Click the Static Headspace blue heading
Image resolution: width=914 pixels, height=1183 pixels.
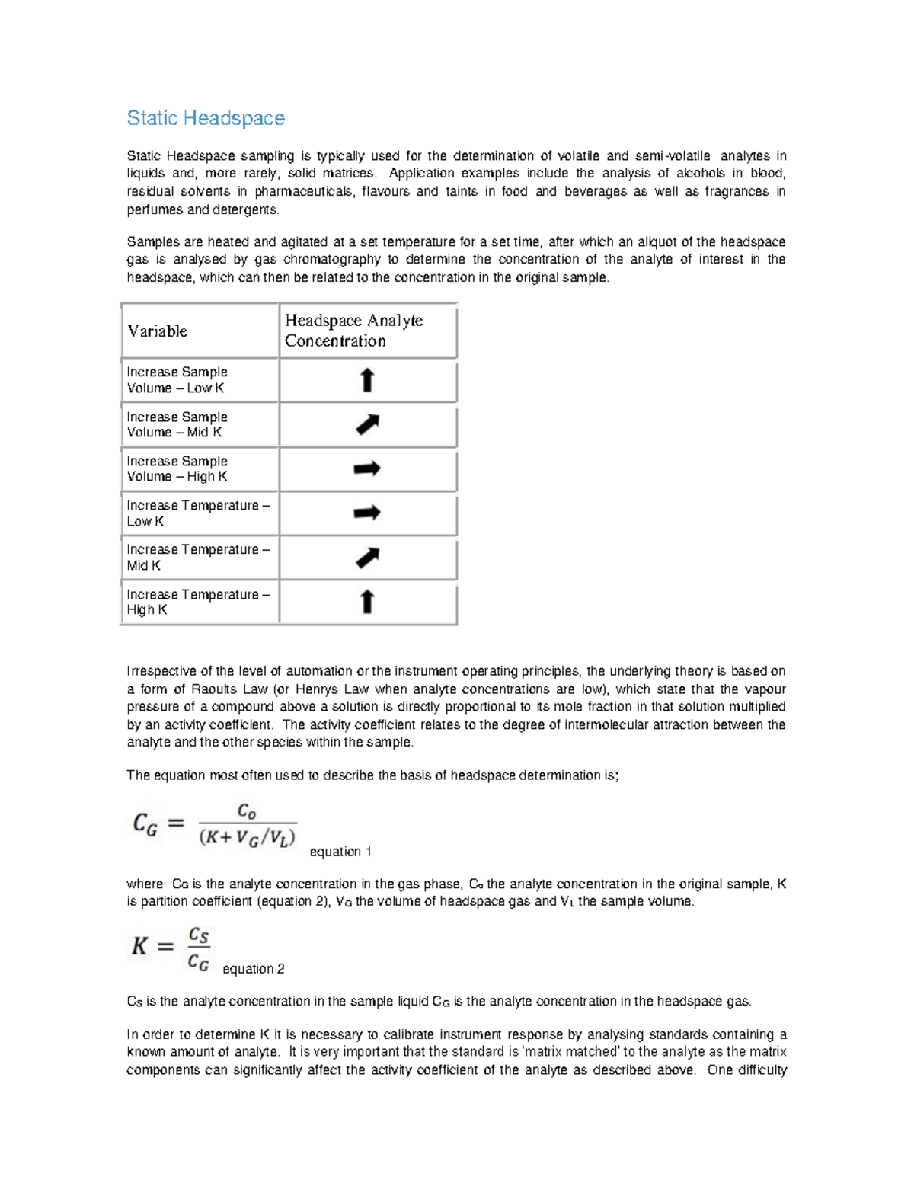(206, 118)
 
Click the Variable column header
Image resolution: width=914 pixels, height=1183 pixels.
(157, 331)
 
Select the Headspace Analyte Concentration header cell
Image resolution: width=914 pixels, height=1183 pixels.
(353, 331)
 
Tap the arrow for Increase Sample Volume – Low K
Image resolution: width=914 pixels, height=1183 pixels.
(367, 380)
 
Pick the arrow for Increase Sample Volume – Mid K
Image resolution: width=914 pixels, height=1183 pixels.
(367, 424)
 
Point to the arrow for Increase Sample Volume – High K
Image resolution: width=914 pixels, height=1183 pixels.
(367, 468)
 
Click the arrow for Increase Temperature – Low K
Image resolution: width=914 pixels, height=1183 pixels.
(367, 513)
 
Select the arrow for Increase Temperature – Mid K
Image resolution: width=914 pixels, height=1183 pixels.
(367, 558)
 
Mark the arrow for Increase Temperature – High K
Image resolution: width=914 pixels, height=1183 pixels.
(367, 602)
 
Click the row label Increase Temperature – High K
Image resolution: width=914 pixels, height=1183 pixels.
(197, 602)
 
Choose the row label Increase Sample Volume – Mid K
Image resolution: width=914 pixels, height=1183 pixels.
(177, 424)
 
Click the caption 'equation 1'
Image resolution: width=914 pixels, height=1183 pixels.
(340, 852)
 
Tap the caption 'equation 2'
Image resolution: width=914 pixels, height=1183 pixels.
(253, 969)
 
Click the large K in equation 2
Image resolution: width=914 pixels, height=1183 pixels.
(140, 946)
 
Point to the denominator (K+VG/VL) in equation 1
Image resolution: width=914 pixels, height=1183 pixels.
(248, 837)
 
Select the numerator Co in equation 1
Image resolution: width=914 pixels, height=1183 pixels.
(247, 811)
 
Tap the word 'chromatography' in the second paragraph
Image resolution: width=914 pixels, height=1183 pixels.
(331, 259)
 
